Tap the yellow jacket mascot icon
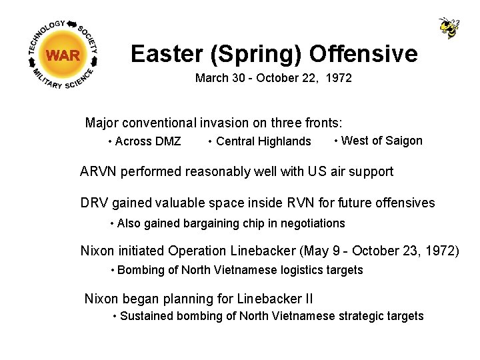[x=449, y=27]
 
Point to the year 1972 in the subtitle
[x=339, y=79]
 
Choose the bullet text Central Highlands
[x=263, y=141]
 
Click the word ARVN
[x=98, y=172]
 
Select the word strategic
[x=361, y=317]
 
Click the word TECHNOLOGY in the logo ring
[x=47, y=33]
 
